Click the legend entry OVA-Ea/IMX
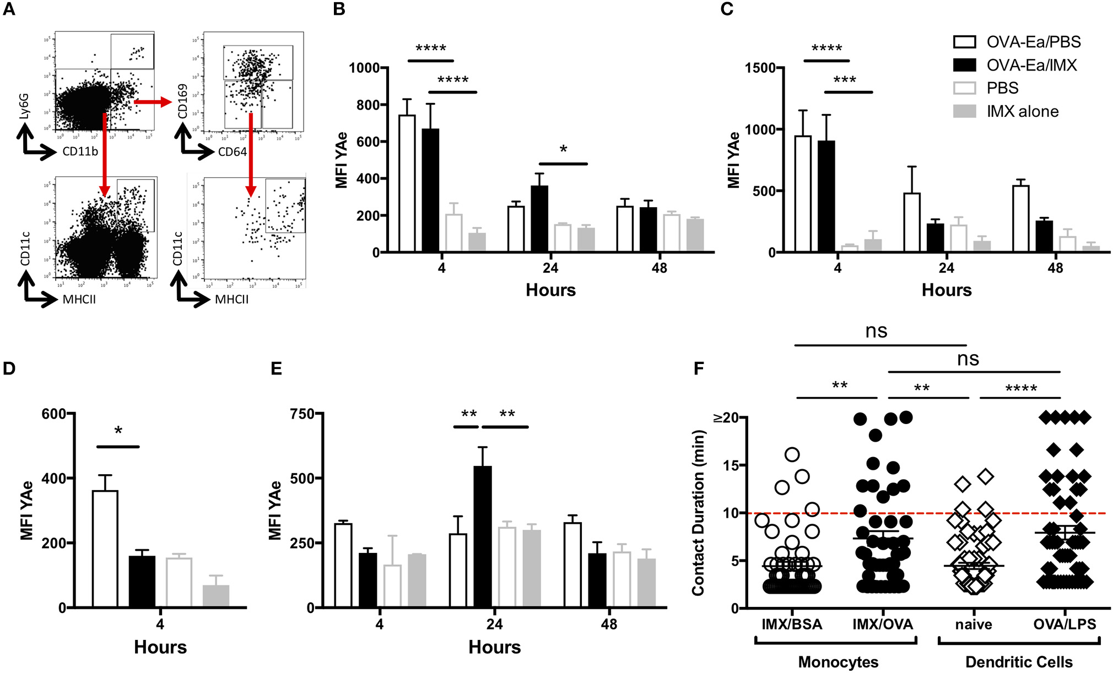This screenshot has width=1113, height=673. (x=1030, y=65)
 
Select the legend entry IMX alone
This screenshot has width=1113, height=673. (x=1022, y=111)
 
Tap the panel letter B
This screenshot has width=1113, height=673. (x=339, y=9)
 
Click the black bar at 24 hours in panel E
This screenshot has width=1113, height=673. (x=483, y=536)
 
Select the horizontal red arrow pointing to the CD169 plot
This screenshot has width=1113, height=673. (x=153, y=102)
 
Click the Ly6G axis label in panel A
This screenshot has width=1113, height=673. (x=23, y=106)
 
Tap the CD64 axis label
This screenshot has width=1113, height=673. (x=233, y=151)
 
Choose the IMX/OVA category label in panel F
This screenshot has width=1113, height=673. (x=882, y=625)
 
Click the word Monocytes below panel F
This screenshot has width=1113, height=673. (x=838, y=662)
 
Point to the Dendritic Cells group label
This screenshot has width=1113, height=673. (x=1018, y=662)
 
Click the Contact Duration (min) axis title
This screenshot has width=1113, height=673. (x=698, y=513)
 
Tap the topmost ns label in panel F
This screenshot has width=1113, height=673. (x=876, y=330)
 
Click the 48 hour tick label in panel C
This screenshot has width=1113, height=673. (x=1055, y=268)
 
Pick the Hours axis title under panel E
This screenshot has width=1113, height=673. (x=494, y=647)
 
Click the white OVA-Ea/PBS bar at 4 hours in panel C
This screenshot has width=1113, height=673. (x=803, y=194)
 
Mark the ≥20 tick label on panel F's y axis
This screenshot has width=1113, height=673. (x=726, y=417)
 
